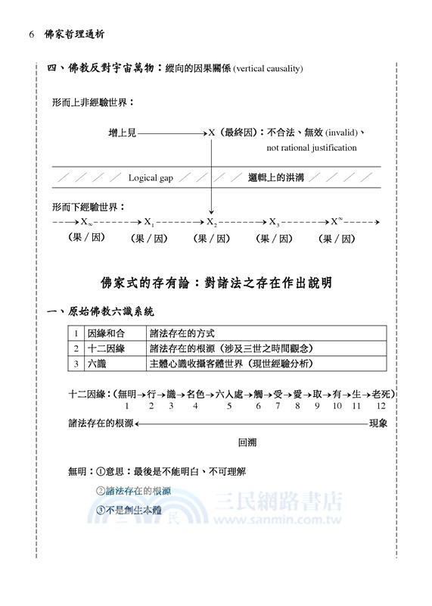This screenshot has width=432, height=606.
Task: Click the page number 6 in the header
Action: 31,35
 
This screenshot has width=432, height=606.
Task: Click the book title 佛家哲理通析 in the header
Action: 76,35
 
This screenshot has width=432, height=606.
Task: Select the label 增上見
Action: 122,133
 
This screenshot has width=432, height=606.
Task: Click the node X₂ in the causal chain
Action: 212,223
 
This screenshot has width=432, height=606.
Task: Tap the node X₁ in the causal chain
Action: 149,223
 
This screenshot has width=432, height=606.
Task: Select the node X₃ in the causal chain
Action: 275,223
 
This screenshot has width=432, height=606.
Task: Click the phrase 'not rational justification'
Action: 312,148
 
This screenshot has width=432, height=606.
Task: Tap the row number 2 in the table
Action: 76,348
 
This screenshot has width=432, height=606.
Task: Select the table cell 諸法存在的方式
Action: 182,333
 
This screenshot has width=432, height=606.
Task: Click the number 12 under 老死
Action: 381,406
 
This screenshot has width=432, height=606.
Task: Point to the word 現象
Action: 378,423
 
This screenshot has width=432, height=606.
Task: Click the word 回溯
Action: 248,442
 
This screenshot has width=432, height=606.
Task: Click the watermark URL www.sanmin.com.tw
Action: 278,521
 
